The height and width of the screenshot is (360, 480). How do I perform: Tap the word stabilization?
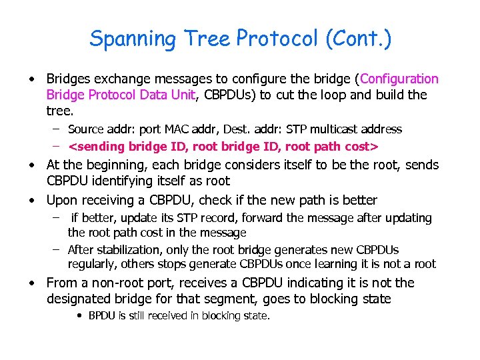[x=131, y=250]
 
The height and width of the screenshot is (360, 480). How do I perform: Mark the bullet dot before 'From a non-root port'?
[x=32, y=283]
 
